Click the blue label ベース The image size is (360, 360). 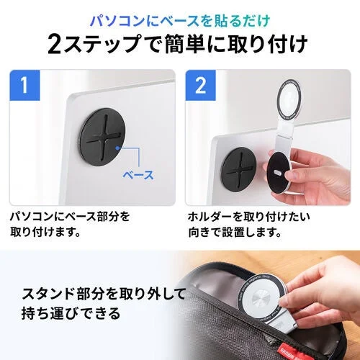tap(138, 174)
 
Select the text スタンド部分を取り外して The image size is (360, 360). tap(94, 294)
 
